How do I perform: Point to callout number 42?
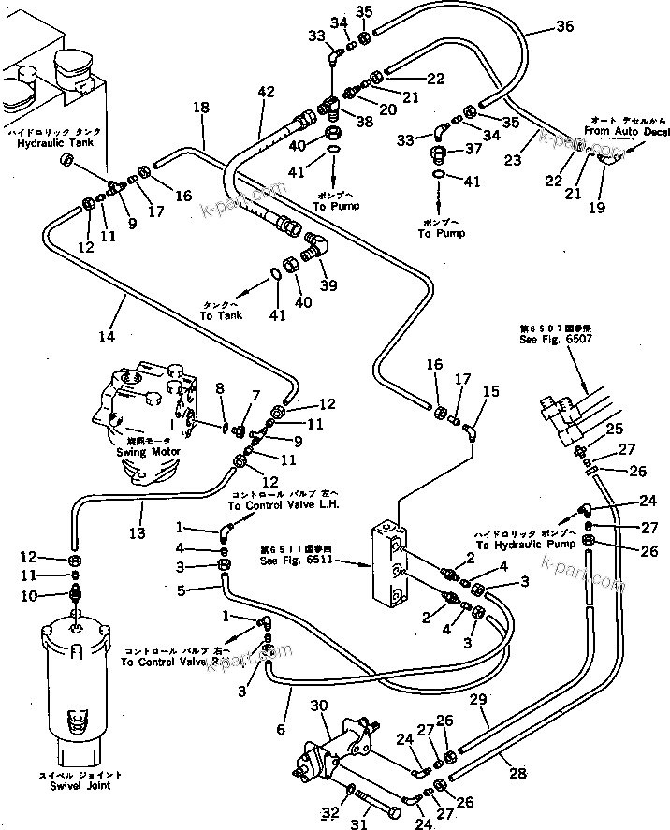tap(267, 91)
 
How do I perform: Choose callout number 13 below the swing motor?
tap(138, 533)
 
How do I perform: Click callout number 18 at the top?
tap(199, 109)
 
